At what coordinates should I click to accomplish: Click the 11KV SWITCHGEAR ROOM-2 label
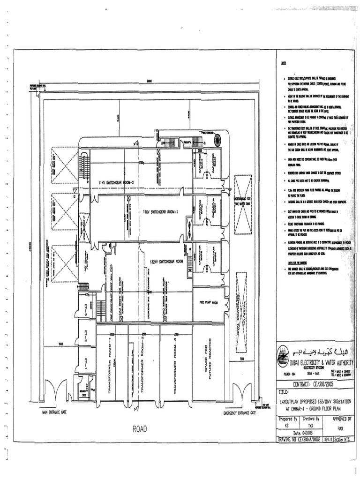(x=113, y=182)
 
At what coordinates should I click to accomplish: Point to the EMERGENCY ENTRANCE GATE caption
(x=239, y=413)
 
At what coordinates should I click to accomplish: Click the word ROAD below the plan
(x=140, y=428)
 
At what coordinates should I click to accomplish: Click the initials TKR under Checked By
(x=304, y=426)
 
